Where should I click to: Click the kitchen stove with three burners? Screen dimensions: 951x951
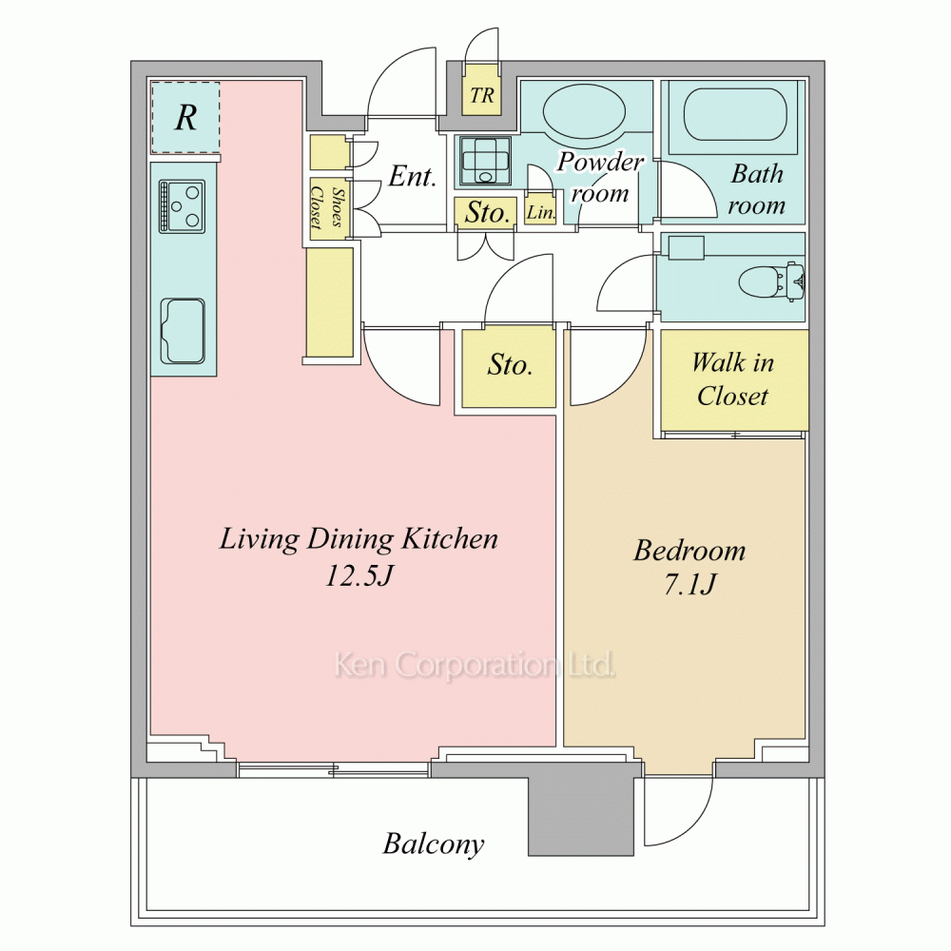tap(182, 206)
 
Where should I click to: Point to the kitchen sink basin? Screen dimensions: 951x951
tap(182, 331)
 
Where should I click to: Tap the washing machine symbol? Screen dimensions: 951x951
tap(485, 160)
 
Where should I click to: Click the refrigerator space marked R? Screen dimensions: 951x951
tap(185, 117)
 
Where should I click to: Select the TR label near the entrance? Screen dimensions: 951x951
tap(482, 96)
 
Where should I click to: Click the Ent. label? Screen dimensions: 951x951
tap(413, 176)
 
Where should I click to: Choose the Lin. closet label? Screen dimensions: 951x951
tap(540, 213)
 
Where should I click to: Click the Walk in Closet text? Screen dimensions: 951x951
tap(732, 379)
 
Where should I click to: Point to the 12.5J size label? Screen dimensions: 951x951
tap(359, 574)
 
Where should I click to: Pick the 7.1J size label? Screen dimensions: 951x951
tap(690, 584)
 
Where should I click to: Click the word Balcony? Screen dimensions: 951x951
tap(434, 844)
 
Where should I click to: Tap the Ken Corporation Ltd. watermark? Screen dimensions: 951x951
tap(475, 665)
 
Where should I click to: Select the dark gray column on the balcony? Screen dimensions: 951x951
tap(581, 809)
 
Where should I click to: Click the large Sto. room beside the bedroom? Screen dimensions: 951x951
tap(509, 368)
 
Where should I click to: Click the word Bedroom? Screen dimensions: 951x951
tap(689, 550)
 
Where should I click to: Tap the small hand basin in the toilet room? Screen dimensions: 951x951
tap(686, 248)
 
